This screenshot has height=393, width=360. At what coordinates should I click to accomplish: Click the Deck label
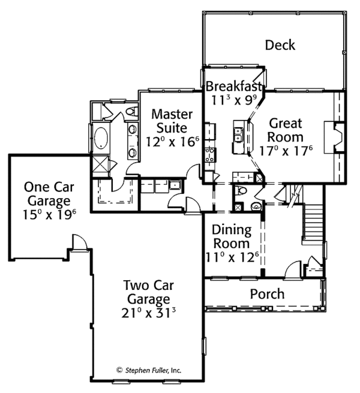pos(280,45)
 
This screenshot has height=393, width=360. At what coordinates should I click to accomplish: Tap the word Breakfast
pos(233,86)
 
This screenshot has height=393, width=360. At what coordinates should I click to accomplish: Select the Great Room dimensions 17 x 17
pos(286,151)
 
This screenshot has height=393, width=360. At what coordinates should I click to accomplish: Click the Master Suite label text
pos(172,121)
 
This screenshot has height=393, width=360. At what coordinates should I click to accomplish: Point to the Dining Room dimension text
pos(232,257)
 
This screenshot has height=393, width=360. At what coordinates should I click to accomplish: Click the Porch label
pos(267,294)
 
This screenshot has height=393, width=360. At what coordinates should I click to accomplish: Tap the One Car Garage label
pos(49,194)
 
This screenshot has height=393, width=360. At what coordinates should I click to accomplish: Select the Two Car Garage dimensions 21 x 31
pos(148,313)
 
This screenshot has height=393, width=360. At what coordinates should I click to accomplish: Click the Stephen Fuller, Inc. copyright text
pos(149,370)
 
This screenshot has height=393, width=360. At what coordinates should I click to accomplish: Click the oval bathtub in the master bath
pos(101,139)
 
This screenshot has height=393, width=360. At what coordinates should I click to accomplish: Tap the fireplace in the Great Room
pos(334,137)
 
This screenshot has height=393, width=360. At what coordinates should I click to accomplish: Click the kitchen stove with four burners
pos(209,155)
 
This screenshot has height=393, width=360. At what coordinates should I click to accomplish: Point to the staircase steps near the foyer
pos(313,221)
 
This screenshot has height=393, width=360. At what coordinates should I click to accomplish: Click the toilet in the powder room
pos(242,191)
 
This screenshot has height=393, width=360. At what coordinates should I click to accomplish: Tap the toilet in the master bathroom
pos(131,111)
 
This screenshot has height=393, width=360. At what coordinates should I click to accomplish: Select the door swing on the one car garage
pos(79,242)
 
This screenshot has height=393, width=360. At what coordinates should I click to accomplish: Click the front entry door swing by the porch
pos(293,269)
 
